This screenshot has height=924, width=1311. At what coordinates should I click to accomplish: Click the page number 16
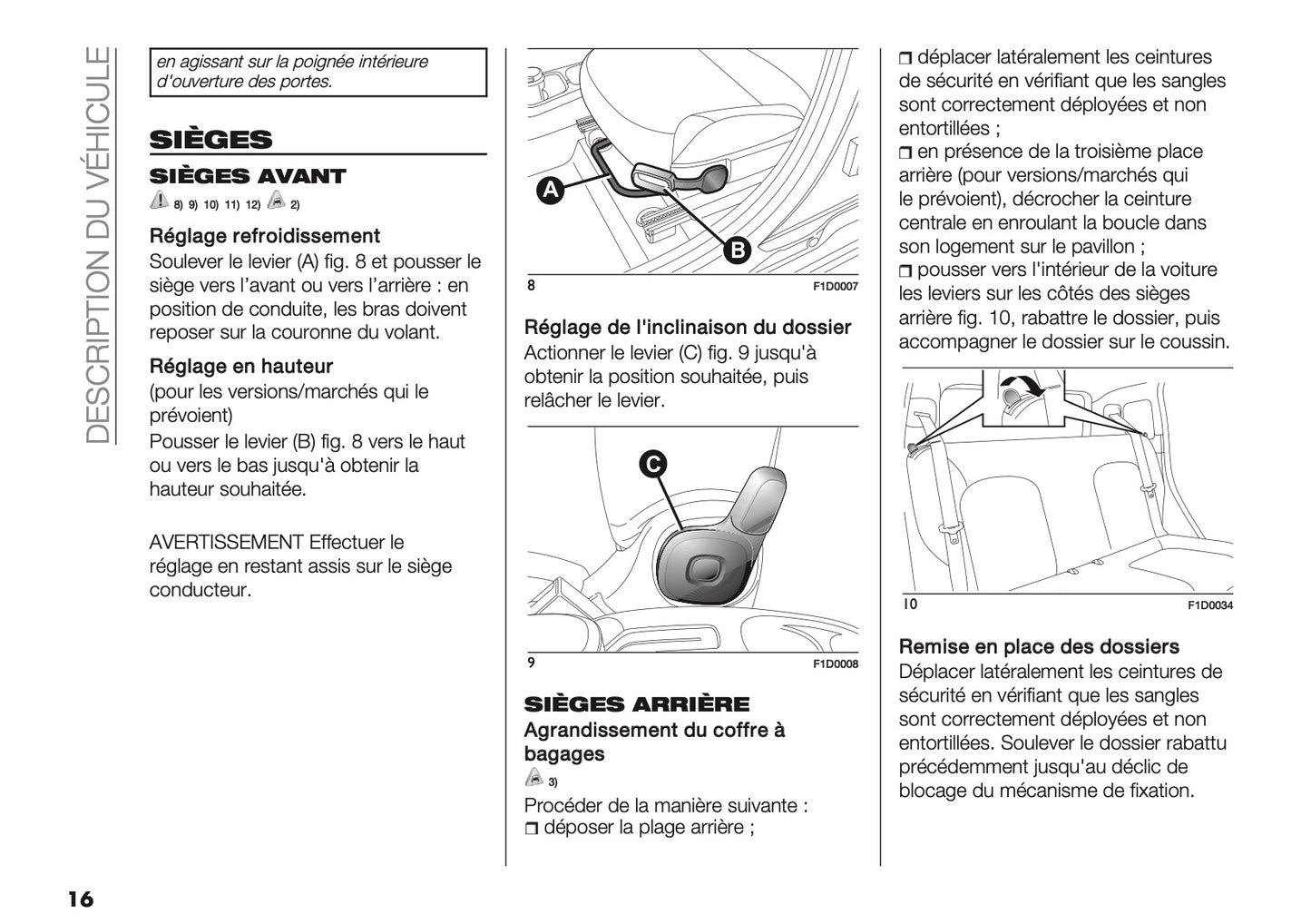(x=79, y=899)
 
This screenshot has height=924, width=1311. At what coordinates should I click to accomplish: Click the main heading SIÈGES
(x=210, y=140)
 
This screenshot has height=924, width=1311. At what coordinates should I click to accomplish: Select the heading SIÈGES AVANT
(x=248, y=176)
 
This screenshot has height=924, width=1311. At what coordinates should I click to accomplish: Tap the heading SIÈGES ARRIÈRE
(x=637, y=704)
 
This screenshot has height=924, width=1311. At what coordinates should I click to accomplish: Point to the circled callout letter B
(x=737, y=251)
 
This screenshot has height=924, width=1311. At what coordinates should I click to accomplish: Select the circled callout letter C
(x=651, y=464)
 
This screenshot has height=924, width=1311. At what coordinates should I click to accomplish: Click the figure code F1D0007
(x=835, y=287)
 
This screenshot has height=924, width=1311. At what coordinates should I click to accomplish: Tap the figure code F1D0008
(x=835, y=664)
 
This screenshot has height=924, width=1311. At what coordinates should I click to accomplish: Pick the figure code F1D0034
(x=1209, y=606)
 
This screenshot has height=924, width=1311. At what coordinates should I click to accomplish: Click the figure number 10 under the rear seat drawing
(x=909, y=605)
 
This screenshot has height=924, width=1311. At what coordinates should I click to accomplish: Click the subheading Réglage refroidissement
(x=264, y=236)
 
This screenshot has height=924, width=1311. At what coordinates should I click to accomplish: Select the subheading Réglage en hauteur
(x=240, y=367)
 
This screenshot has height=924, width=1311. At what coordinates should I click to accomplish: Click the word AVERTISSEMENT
(x=226, y=543)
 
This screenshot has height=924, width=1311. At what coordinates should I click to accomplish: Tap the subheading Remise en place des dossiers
(x=1038, y=647)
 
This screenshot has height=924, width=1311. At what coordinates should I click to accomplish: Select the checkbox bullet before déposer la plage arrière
(x=532, y=829)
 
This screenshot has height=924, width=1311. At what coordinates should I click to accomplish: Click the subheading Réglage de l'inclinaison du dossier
(x=688, y=328)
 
